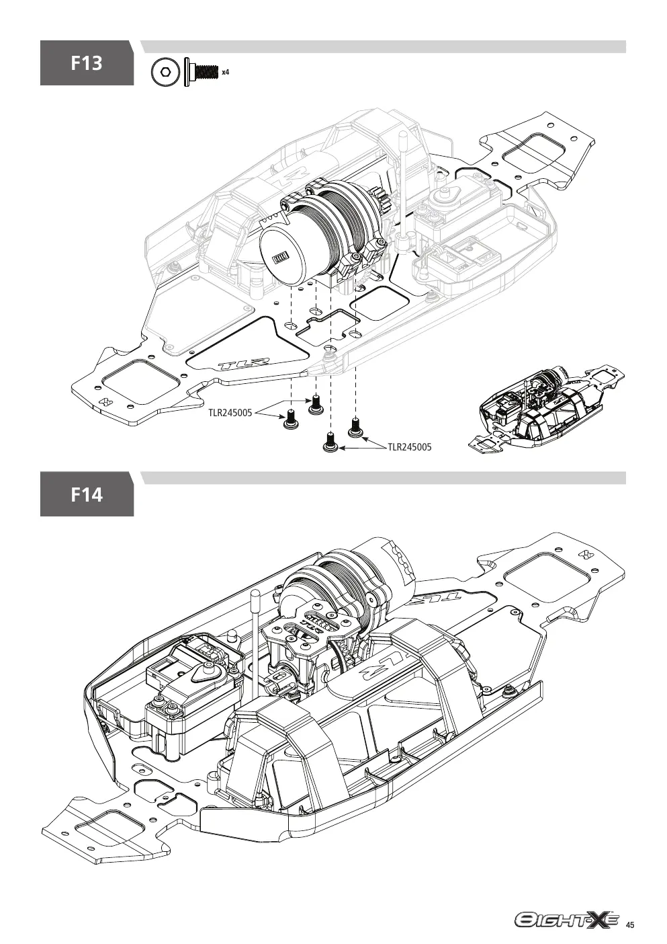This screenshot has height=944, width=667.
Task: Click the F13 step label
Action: click(x=87, y=63)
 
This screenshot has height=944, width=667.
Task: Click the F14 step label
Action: click(x=87, y=494)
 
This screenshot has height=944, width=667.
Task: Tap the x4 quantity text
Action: click(x=225, y=72)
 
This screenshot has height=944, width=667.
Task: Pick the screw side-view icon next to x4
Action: click(x=201, y=72)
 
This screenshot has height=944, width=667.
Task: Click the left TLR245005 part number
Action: click(x=230, y=413)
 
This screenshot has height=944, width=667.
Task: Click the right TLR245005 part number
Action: click(x=410, y=446)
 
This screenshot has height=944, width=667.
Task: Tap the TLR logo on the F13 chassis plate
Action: click(x=244, y=364)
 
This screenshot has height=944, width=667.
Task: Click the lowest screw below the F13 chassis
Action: click(x=330, y=442)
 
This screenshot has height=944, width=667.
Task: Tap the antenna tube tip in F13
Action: click(x=403, y=135)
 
